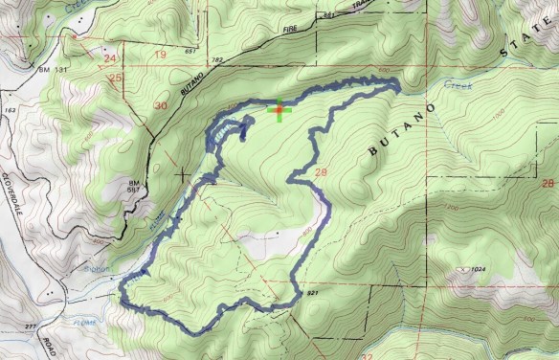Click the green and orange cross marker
pyautogui.click(x=279, y=110)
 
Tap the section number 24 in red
pyautogui.click(x=108, y=57)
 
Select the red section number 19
pyautogui.click(x=160, y=56)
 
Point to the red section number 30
pyautogui.click(x=161, y=105)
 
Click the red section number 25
pyautogui.click(x=116, y=77)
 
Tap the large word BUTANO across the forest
pyautogui.click(x=403, y=130)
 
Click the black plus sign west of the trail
pyautogui.click(x=182, y=174)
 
